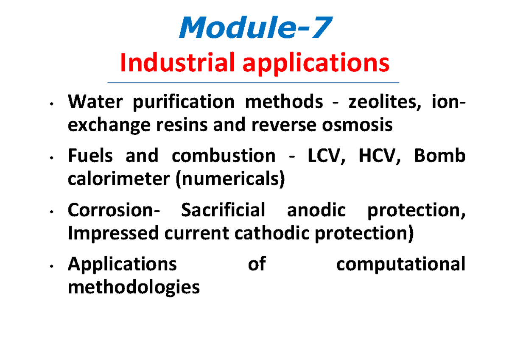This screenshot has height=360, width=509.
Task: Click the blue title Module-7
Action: (x=254, y=29)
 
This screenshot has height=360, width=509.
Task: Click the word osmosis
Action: (x=360, y=126)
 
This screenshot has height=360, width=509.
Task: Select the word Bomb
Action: (x=439, y=156)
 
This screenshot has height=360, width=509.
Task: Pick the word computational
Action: (x=400, y=265)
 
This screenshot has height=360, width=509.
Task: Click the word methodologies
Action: (x=134, y=288)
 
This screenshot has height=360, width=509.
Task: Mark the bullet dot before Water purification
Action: (x=51, y=104)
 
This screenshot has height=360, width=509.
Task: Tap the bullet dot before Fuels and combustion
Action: (x=51, y=158)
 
